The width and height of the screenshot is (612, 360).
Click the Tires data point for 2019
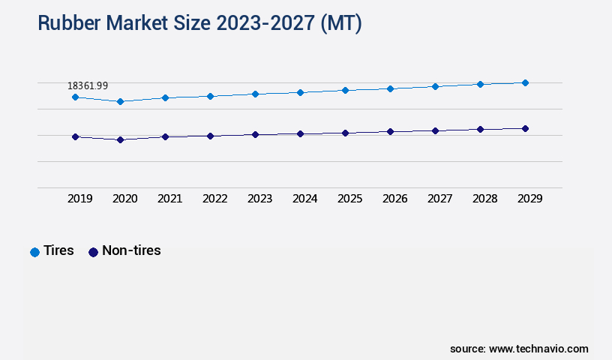point(75,97)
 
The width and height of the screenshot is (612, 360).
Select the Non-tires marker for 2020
point(120,139)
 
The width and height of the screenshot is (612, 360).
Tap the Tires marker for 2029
point(525,82)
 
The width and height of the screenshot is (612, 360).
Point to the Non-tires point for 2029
point(525,128)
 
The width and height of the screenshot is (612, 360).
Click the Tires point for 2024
point(300,92)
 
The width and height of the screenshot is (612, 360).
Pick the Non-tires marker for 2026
point(390,131)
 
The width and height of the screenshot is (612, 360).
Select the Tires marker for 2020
point(120,101)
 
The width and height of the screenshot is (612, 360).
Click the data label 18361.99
point(87,85)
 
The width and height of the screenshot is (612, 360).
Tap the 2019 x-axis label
point(80,199)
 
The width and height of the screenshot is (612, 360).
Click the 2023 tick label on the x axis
point(260,199)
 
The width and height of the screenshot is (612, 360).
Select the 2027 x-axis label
point(440,199)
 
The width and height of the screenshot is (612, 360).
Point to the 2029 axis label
point(530,199)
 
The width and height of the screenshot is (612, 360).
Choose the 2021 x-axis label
point(170,199)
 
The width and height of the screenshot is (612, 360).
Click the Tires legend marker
point(34,252)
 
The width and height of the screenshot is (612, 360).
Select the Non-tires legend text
point(131,250)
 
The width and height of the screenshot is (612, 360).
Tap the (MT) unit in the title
point(340,24)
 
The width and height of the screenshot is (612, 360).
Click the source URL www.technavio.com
point(538,349)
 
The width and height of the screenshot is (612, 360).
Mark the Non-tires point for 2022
point(210,136)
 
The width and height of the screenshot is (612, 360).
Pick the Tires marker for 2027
point(435,86)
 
